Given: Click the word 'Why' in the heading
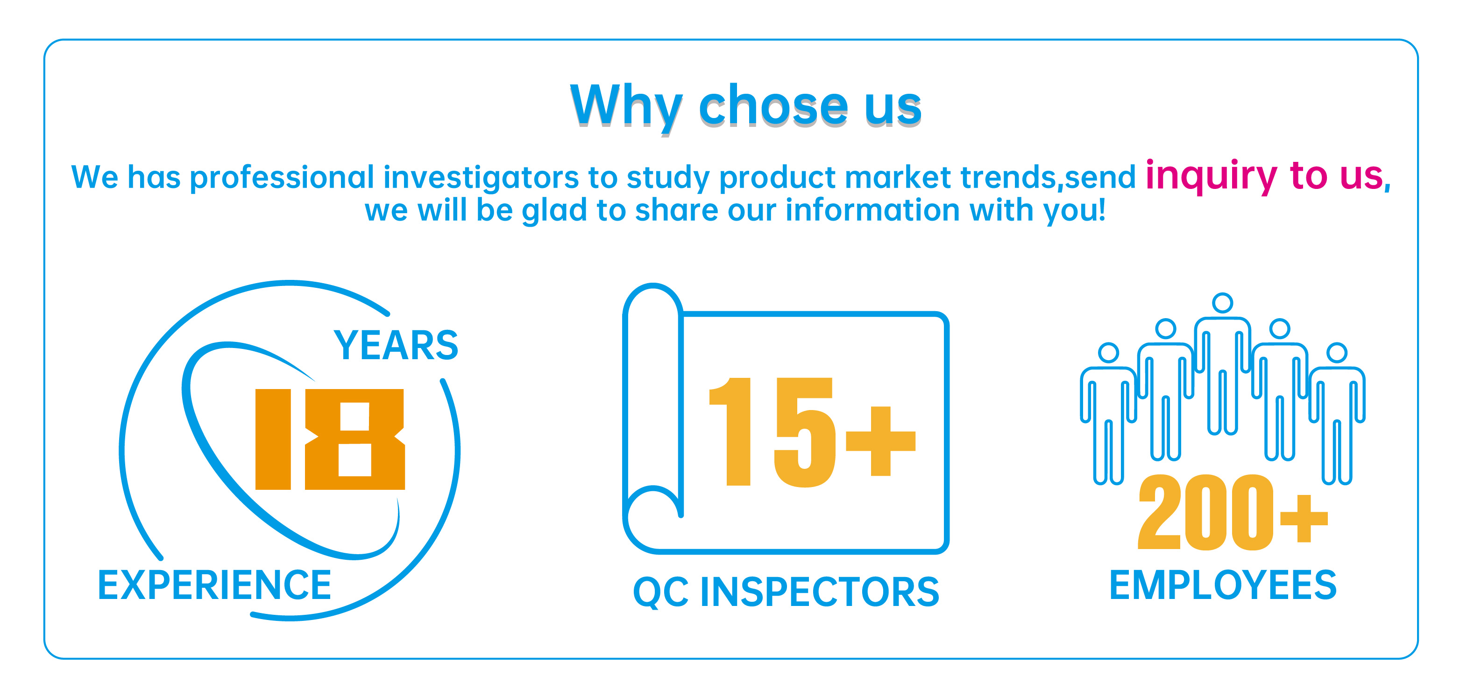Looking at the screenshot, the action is [x=626, y=108].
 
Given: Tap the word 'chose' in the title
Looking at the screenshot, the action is [x=773, y=105].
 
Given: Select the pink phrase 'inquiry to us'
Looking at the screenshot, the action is [x=1264, y=176].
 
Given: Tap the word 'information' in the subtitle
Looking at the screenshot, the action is [x=872, y=209].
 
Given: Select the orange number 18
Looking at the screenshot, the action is [x=330, y=439].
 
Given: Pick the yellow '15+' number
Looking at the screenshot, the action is [x=812, y=432].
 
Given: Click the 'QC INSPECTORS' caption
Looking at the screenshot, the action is [x=786, y=592].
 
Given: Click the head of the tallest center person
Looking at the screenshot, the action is [x=1223, y=303].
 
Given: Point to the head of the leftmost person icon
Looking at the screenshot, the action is [x=1109, y=353].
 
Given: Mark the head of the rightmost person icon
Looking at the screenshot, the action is [x=1337, y=353].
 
